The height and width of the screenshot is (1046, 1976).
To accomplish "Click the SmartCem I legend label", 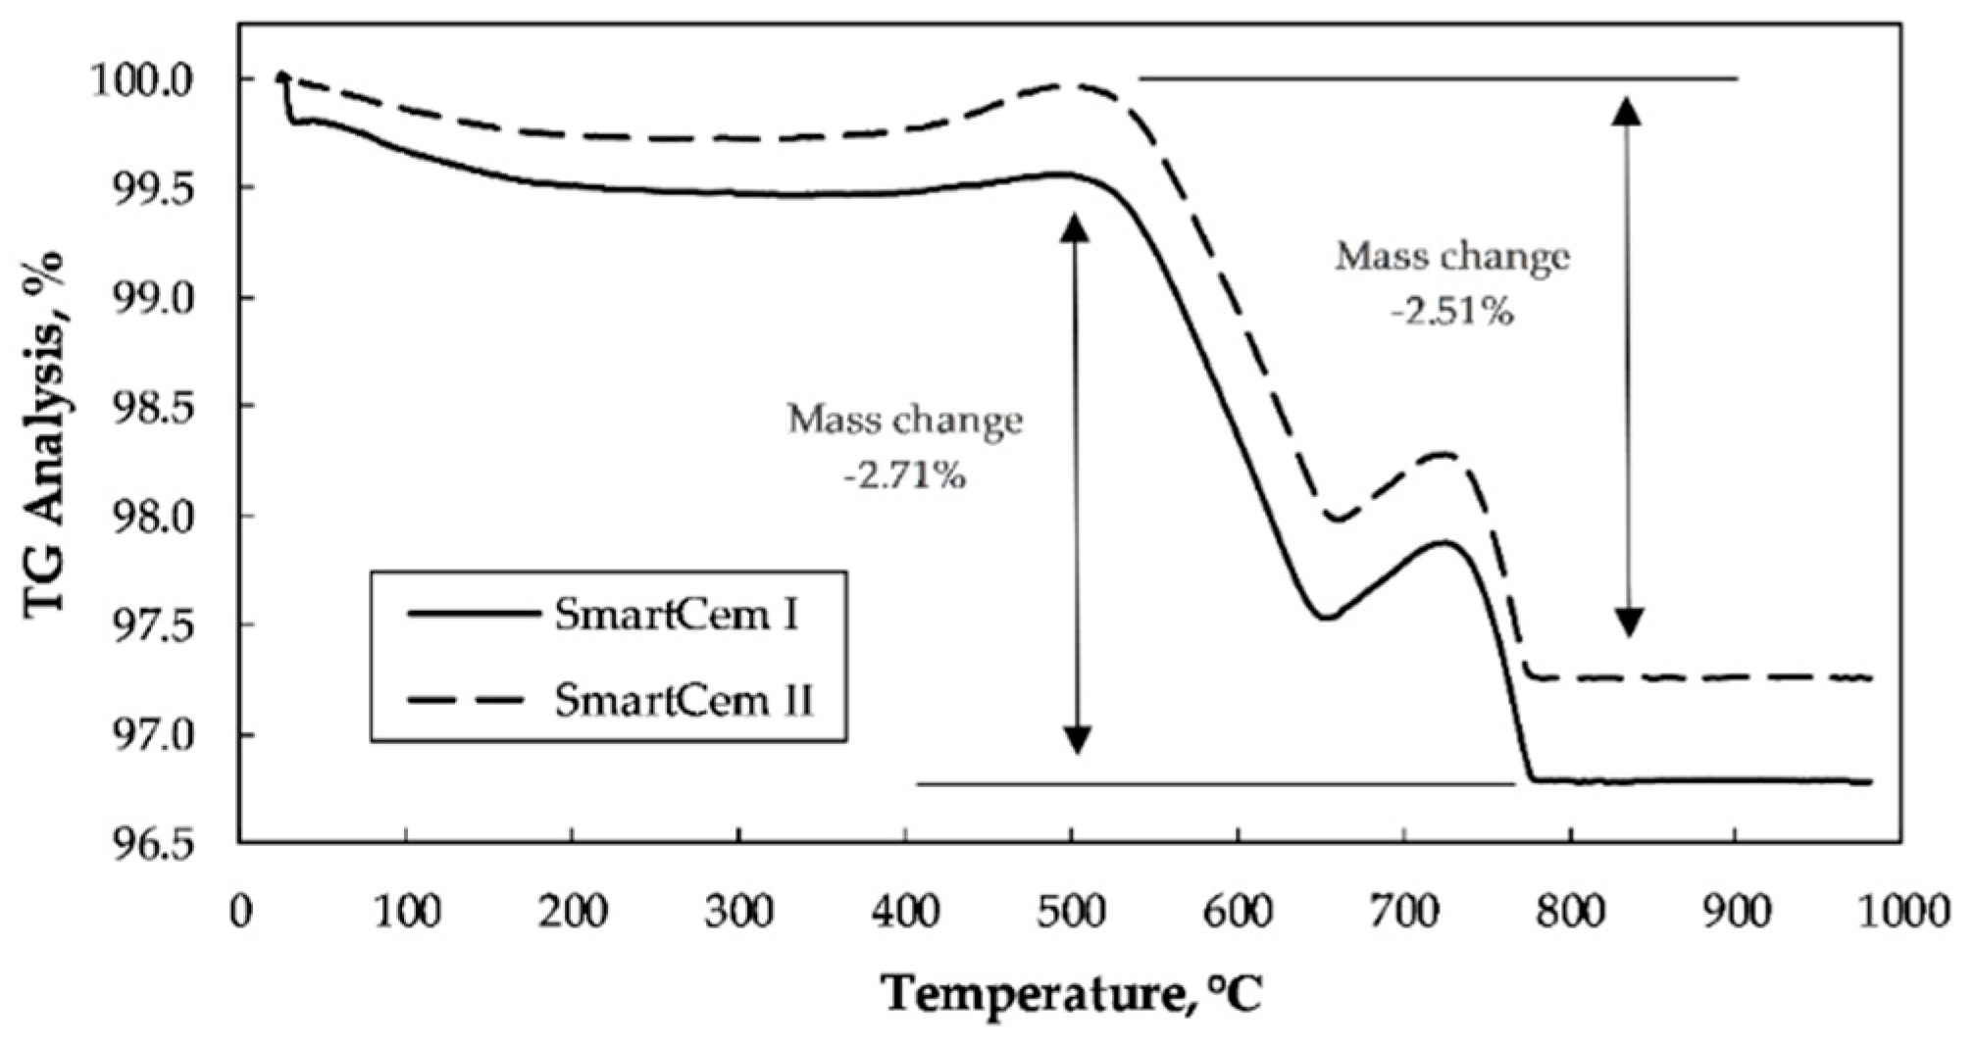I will click(x=676, y=616).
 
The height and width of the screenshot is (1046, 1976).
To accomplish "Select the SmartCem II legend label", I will click(x=684, y=700).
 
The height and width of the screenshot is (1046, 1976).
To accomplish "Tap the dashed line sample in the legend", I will click(x=472, y=700).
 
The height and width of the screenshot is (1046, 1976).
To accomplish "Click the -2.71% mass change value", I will click(x=904, y=476).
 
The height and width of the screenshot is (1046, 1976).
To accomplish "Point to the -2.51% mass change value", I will click(x=1452, y=312).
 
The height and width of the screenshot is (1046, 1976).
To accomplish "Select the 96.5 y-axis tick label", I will click(x=157, y=844).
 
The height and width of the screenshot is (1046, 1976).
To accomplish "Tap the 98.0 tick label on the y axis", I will click(x=157, y=516).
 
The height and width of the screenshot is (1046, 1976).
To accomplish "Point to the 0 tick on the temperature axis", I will click(x=241, y=912).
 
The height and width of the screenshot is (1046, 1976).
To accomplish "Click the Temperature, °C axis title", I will click(x=1073, y=994).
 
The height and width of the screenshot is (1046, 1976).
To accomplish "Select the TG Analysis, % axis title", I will click(x=45, y=431).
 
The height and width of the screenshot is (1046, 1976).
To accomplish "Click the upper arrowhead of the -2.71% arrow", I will click(x=1076, y=226).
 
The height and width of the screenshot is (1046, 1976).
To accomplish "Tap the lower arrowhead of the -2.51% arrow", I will click(x=1629, y=623).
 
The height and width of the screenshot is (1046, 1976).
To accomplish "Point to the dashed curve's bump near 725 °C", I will click(x=1443, y=454).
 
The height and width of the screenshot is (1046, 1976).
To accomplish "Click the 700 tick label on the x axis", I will click(x=1403, y=912).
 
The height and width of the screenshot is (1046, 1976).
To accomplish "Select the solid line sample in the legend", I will click(x=472, y=616).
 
